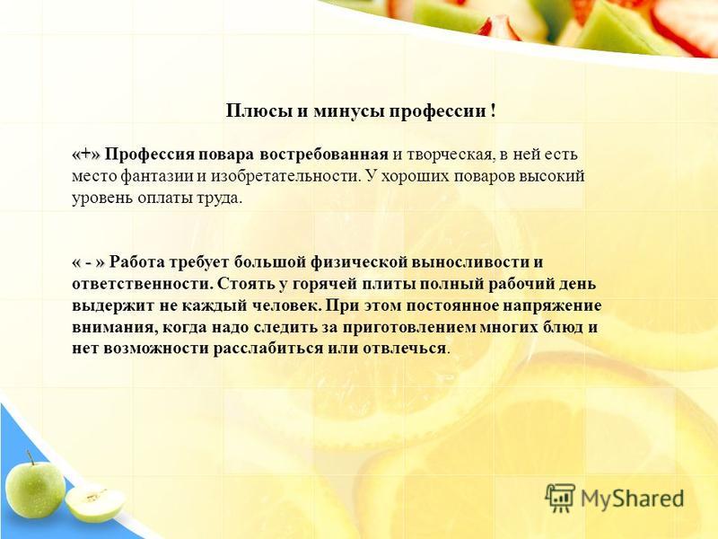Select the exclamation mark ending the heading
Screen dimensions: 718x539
(493, 111)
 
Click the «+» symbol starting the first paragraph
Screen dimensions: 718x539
(85, 155)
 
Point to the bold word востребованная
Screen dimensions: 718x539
(324, 155)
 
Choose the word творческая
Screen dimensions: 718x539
(451, 155)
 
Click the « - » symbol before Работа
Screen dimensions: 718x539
(88, 262)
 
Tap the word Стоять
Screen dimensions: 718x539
(245, 284)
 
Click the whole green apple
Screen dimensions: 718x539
(35, 488)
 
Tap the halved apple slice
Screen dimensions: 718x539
(95, 503)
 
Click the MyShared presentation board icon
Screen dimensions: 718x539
(560, 498)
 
